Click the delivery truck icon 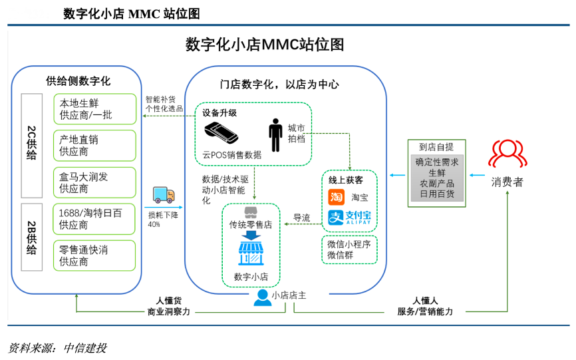tap(164, 194)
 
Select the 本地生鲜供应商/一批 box tap(94, 108)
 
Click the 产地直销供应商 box tap(94, 145)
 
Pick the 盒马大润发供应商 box tap(94, 182)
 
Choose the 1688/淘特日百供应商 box tap(94, 219)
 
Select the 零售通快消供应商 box tap(94, 256)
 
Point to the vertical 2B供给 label tap(32, 238)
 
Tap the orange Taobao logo tap(337, 197)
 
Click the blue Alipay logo tap(349, 218)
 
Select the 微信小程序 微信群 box tap(349, 250)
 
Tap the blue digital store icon tap(251, 254)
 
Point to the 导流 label tap(302, 218)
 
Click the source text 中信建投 tap(84, 347)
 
